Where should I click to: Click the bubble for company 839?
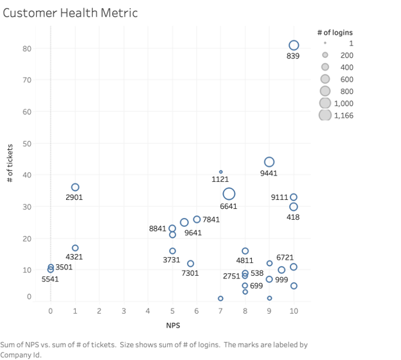(x=294, y=45)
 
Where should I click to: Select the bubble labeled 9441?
(x=269, y=162)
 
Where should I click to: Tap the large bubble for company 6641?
(x=229, y=194)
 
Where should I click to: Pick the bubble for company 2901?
(x=75, y=187)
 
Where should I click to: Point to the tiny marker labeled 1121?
(x=220, y=172)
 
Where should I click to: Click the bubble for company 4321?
(x=75, y=248)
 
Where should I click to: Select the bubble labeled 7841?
(x=197, y=219)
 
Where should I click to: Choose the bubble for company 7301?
(x=190, y=264)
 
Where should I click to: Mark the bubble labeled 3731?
(x=172, y=251)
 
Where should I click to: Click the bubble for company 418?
(x=294, y=206)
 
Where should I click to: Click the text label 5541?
(x=50, y=280)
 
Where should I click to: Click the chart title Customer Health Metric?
(x=70, y=12)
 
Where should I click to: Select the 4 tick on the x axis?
(x=148, y=312)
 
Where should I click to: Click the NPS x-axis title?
(x=172, y=325)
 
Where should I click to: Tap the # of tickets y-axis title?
(x=10, y=164)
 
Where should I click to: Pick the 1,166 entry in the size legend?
(x=343, y=115)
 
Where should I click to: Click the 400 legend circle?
(x=325, y=67)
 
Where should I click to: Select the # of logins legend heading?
(x=335, y=32)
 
